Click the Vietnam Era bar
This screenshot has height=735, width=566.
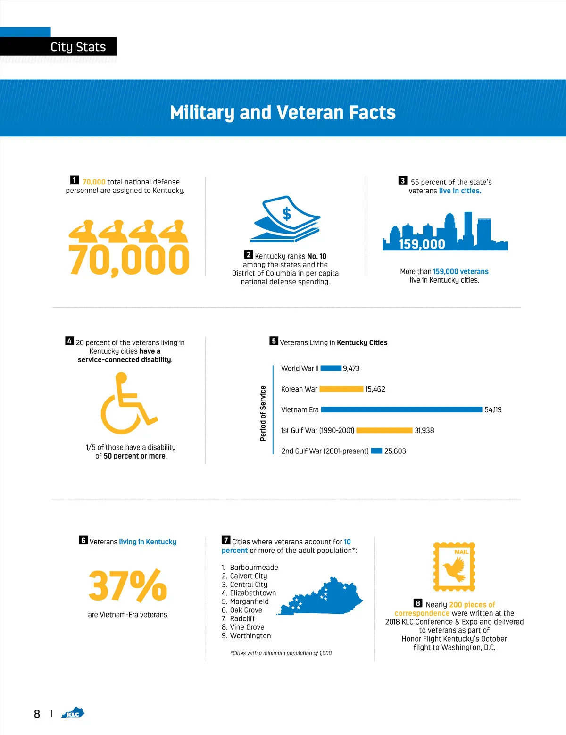tap(401, 409)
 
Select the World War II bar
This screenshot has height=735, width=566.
tap(331, 368)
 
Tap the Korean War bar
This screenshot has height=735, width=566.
tap(341, 389)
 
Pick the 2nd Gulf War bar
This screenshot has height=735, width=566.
tap(376, 451)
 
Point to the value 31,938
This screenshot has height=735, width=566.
tap(424, 430)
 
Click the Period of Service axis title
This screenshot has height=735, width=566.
tap(263, 413)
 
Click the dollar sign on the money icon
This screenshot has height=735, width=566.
tap(287, 214)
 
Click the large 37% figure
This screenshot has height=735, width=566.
tap(127, 585)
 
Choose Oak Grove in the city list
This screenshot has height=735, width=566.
tap(246, 610)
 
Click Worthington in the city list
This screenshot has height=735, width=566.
tap(250, 635)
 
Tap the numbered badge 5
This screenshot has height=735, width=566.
tap(274, 341)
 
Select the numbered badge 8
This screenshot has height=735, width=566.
tap(418, 603)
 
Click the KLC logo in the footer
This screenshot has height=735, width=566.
tap(73, 713)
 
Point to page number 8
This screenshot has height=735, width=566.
tap(37, 714)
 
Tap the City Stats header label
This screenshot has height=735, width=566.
tap(78, 47)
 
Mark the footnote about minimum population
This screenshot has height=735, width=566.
tap(281, 653)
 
